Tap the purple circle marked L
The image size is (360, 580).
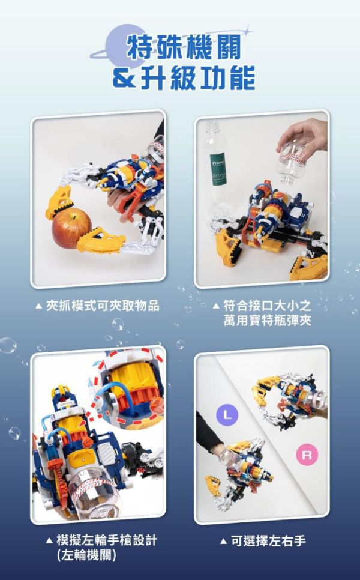[226, 414]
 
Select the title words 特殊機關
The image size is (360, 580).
[179, 46]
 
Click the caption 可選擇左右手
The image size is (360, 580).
[269, 541]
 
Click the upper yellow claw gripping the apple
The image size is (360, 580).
[61, 199]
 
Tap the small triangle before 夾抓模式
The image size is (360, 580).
[38, 306]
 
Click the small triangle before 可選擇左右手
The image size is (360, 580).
[224, 542]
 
